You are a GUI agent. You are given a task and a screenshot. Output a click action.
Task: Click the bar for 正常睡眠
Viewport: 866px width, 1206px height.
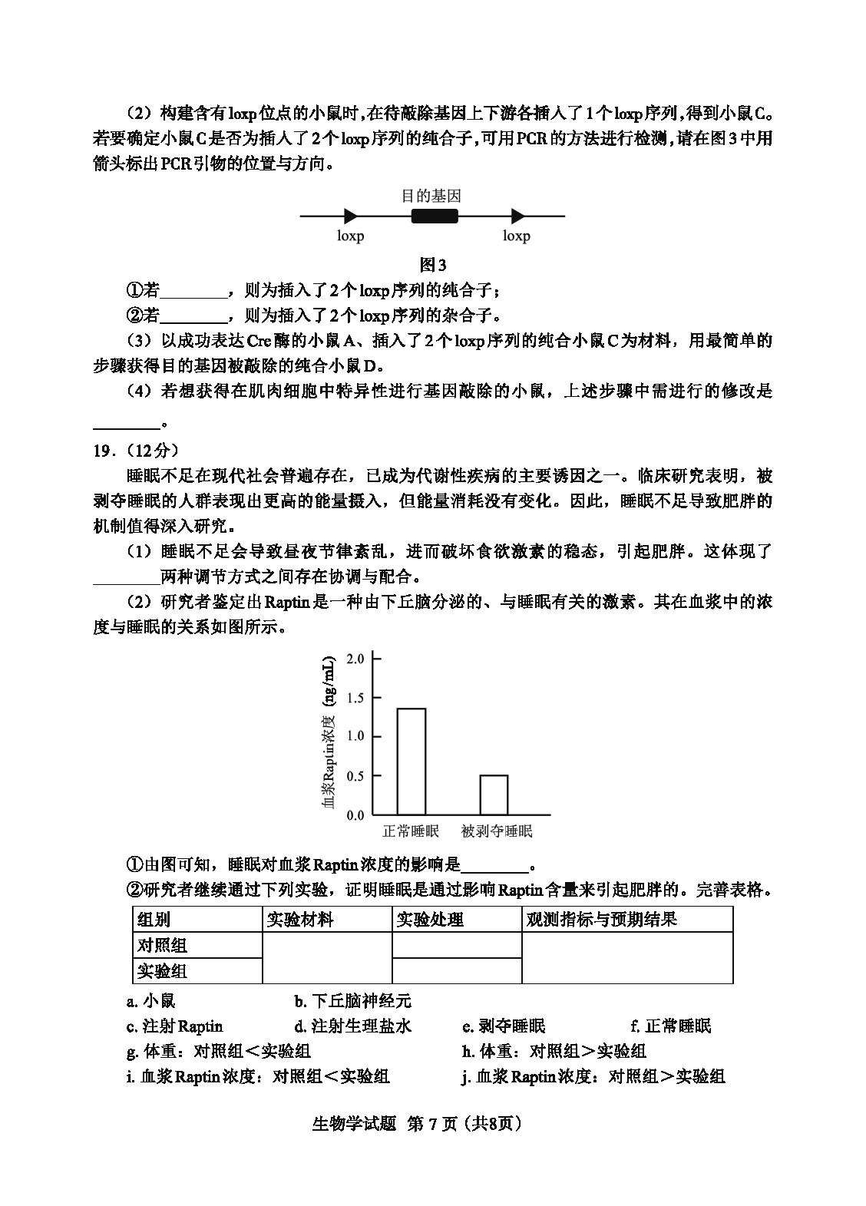pyautogui.click(x=411, y=761)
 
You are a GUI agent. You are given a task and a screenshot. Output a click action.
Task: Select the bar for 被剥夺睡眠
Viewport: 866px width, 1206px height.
pyautogui.click(x=494, y=795)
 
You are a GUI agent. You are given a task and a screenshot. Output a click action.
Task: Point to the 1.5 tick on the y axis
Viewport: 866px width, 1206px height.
pyautogui.click(x=355, y=698)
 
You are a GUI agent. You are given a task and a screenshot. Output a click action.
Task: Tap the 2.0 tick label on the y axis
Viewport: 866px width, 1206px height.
pyautogui.click(x=355, y=659)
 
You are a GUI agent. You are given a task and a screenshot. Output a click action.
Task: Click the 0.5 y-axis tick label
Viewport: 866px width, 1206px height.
pyautogui.click(x=355, y=776)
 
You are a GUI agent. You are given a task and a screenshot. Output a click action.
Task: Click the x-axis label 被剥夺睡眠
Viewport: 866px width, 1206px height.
pyautogui.click(x=497, y=831)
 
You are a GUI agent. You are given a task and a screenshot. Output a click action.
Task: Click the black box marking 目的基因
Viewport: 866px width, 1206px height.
pyautogui.click(x=435, y=216)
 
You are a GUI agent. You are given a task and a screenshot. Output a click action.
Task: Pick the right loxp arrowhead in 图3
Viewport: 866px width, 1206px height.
pyautogui.click(x=517, y=216)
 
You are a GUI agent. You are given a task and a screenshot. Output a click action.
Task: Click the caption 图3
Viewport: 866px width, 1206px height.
pyautogui.click(x=433, y=265)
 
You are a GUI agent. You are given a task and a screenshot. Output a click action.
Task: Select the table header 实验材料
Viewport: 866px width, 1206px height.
pyautogui.click(x=300, y=920)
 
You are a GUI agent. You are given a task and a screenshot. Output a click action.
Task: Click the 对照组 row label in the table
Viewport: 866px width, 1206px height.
pyautogui.click(x=162, y=945)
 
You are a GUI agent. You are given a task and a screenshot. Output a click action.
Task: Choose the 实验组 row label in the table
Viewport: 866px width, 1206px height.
pyautogui.click(x=162, y=971)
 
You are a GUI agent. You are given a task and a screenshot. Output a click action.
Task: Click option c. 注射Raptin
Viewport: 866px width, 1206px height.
pyautogui.click(x=175, y=1026)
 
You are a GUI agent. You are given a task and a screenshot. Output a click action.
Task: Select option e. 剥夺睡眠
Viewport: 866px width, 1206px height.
pyautogui.click(x=504, y=1026)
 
